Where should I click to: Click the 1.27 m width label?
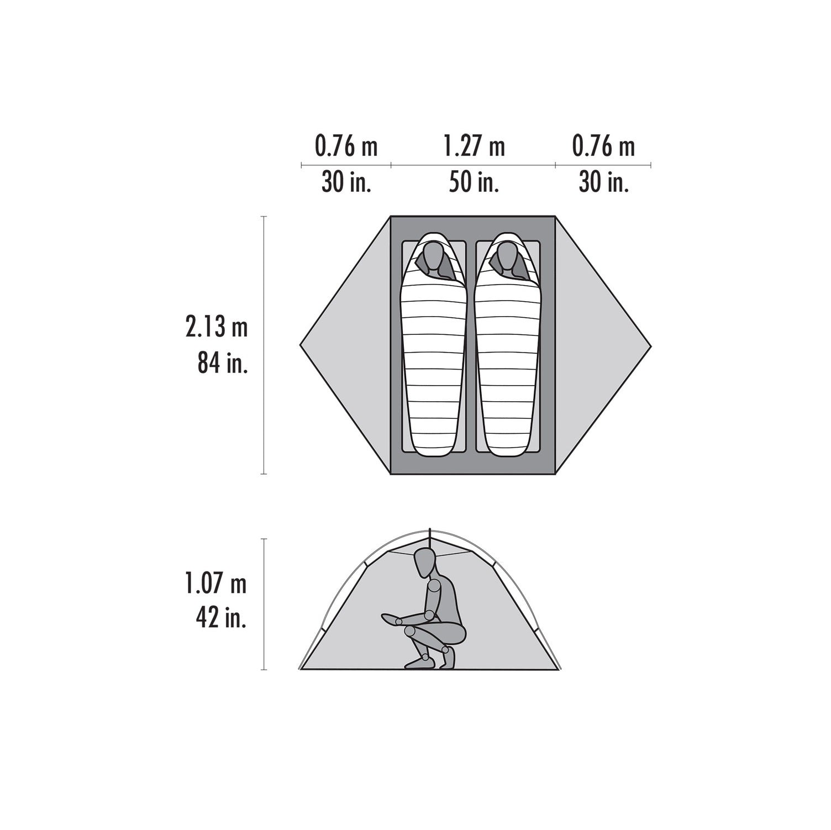[474, 147]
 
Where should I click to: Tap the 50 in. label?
[474, 182]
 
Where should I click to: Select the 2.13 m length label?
[216, 328]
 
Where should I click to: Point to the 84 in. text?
[222, 364]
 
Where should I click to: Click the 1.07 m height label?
[216, 584]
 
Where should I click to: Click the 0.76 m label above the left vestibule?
[346, 147]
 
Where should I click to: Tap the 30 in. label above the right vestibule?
[604, 182]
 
